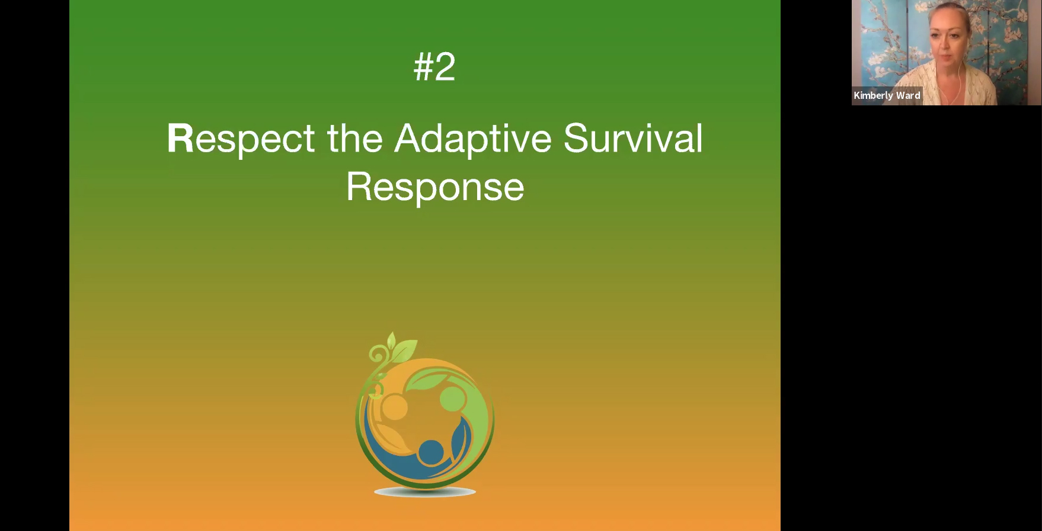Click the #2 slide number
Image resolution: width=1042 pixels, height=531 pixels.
(434, 66)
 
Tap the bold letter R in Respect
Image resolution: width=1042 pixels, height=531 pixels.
(180, 138)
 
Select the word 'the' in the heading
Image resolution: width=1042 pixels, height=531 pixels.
(354, 138)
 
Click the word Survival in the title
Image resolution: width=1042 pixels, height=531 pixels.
(633, 138)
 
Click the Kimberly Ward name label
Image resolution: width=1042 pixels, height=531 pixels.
(887, 95)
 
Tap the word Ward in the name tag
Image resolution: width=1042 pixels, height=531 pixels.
(908, 95)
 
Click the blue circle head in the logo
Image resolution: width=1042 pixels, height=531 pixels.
(430, 452)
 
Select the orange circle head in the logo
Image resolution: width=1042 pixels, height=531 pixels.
(394, 407)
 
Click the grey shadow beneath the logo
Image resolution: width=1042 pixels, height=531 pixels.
(425, 492)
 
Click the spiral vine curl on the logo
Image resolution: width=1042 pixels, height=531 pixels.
(376, 355)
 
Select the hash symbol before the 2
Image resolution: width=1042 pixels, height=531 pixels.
(423, 66)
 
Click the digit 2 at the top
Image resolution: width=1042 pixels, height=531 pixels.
(445, 66)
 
